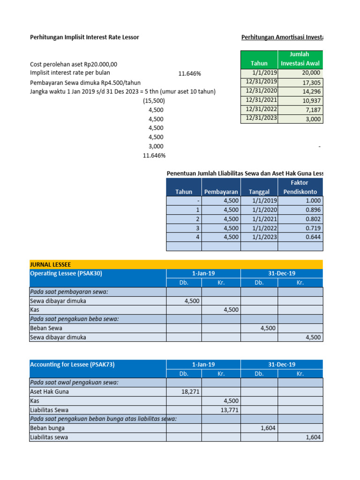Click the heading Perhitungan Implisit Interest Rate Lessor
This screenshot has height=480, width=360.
[84, 37]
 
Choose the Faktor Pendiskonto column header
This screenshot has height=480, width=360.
[300, 187]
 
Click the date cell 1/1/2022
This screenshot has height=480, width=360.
[259, 228]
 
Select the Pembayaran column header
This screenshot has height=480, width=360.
[221, 192]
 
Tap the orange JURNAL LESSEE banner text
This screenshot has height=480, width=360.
[51, 264]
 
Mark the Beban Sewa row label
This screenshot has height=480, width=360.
[46, 328]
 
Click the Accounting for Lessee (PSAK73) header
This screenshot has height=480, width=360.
[72, 364]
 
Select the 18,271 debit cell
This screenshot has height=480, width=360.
[184, 391]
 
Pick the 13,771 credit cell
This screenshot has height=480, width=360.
[221, 410]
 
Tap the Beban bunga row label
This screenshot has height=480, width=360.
[47, 428]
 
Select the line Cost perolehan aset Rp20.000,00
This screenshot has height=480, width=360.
[74, 64]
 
